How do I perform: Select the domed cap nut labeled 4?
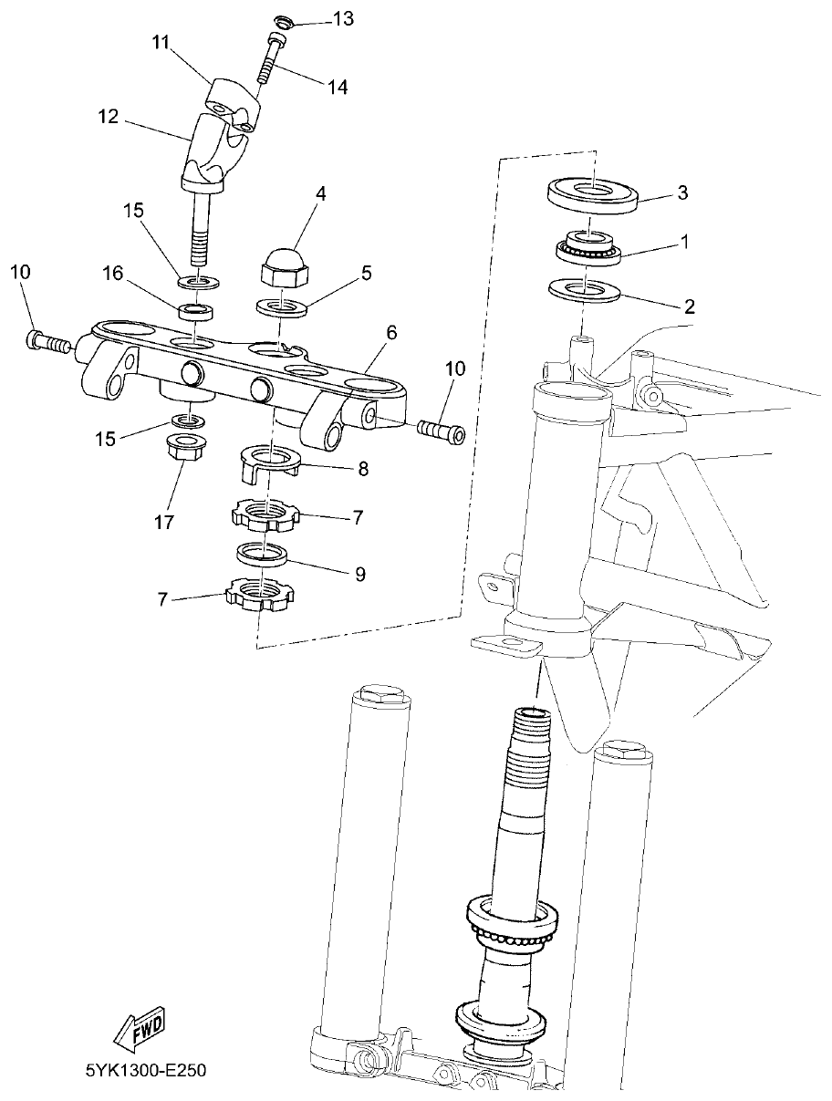click(283, 265)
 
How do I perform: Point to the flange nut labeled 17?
click(187, 448)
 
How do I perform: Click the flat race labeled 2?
click(585, 293)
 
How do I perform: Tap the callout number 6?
click(390, 332)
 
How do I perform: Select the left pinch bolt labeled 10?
click(47, 344)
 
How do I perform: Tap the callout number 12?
click(109, 117)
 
